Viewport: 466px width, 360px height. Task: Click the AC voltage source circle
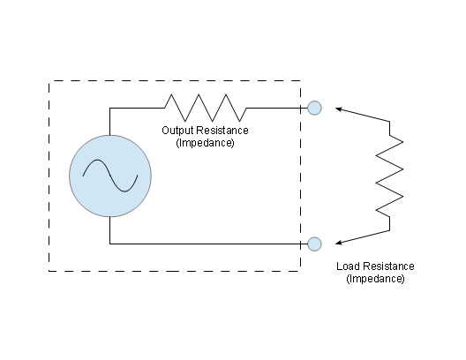[110, 176]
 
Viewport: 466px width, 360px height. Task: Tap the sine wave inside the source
[110, 176]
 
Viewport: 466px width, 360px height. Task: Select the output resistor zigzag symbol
[206, 108]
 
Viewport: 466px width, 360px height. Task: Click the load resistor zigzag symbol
[389, 176]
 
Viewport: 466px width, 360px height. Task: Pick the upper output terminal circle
[314, 108]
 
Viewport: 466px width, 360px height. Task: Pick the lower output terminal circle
[314, 244]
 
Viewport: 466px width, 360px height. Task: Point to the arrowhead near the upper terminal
[339, 109]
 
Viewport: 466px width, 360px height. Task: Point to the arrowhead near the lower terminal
[339, 243]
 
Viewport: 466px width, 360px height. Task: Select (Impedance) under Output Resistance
[206, 143]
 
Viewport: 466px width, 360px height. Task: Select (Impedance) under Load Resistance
[375, 279]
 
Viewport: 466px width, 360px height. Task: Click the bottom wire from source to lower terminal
[208, 244]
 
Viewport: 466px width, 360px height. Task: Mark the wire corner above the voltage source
[110, 109]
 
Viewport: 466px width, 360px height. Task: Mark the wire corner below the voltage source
[110, 244]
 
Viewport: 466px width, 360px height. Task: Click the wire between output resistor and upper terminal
[277, 109]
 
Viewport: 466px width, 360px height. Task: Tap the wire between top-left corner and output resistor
[138, 109]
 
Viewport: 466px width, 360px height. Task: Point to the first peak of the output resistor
[171, 94]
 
